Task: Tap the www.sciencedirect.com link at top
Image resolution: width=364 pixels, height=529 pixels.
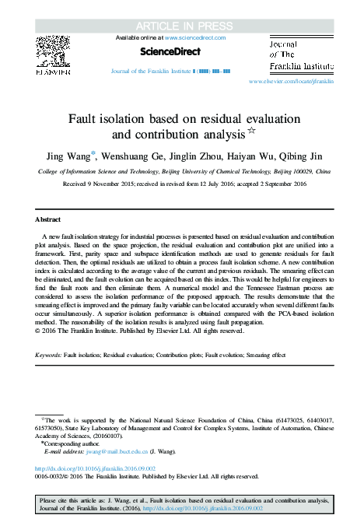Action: point(195,37)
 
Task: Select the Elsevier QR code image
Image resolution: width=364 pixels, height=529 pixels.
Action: point(52,52)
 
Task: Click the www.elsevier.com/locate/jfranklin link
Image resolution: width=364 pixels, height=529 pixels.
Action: point(291,81)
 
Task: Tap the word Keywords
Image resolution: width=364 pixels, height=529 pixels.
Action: point(49,355)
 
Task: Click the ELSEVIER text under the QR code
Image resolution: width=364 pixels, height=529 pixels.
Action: point(52,72)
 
